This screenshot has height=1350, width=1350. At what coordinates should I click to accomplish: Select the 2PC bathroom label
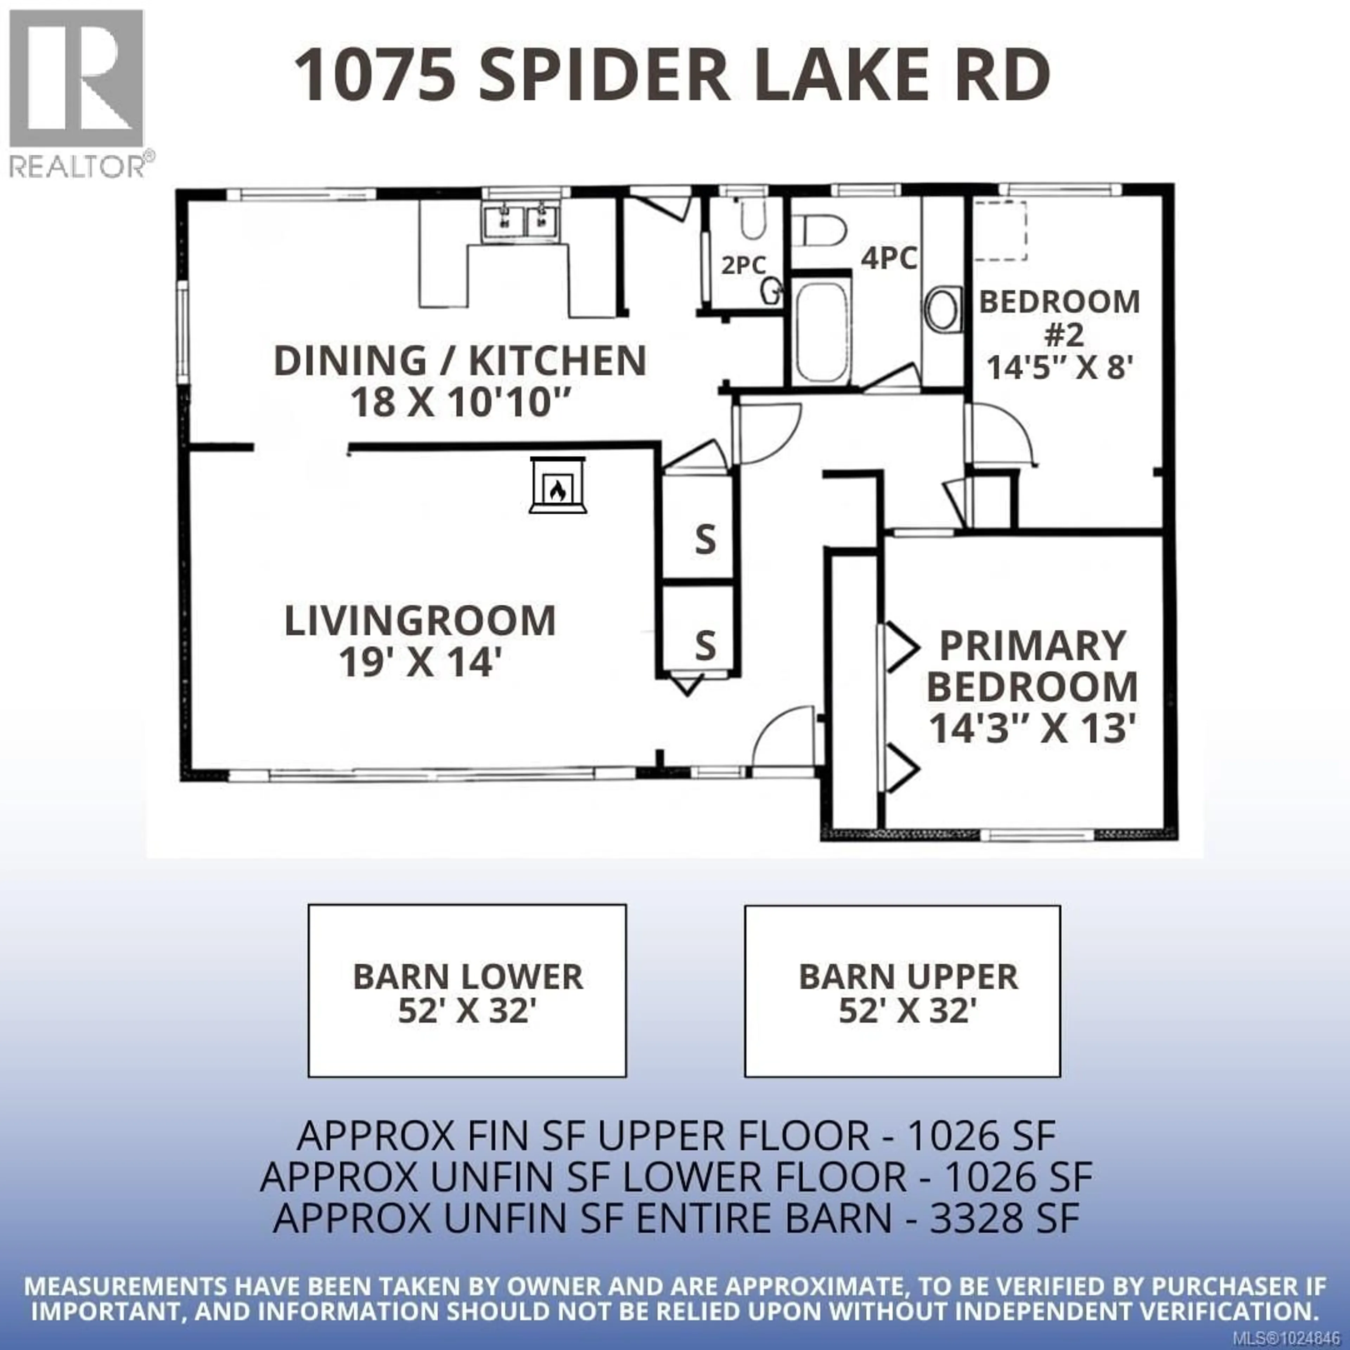(743, 265)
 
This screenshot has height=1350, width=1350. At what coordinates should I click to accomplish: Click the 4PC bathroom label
(888, 258)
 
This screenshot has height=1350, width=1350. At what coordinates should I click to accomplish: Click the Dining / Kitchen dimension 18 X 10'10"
(461, 403)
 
